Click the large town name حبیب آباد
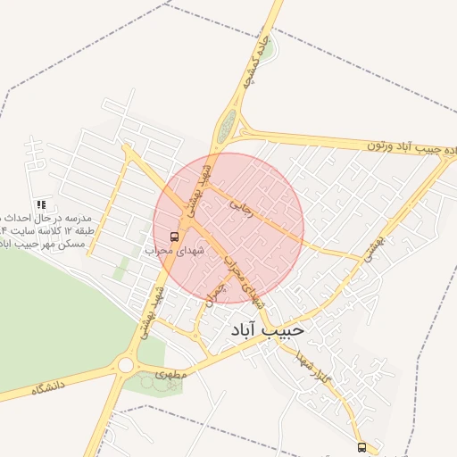(x=267, y=330)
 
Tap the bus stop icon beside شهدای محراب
(x=173, y=237)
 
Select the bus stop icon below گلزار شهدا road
(x=361, y=446)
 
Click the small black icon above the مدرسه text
(x=42, y=204)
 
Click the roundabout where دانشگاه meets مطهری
(x=125, y=365)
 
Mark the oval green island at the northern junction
(x=228, y=125)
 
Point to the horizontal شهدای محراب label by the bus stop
(x=175, y=251)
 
